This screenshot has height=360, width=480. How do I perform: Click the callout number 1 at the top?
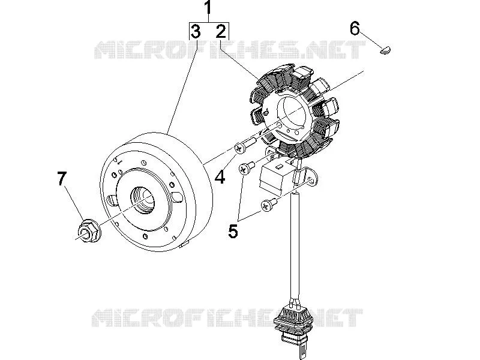click(208, 8)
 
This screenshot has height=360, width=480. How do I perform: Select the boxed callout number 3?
click(196, 32)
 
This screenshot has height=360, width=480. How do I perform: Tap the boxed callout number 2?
click(221, 32)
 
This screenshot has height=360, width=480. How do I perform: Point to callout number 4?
click(220, 177)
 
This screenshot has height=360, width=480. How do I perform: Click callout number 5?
click(233, 231)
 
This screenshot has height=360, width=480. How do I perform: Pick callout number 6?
click(355, 29)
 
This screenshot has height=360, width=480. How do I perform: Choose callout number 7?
click(62, 178)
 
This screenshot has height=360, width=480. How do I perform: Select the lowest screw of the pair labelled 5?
click(269, 204)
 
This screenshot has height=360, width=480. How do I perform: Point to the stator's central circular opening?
click(292, 115)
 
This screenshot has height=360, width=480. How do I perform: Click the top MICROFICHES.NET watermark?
click(230, 50)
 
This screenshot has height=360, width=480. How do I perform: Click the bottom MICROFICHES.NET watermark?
click(227, 317)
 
